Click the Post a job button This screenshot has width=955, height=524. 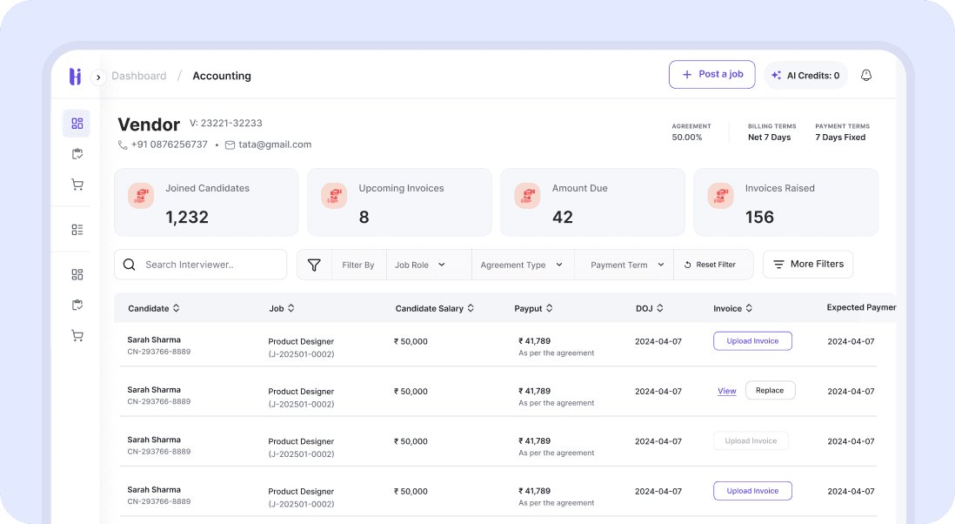pyautogui.click(x=711, y=75)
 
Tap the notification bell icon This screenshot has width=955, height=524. pyautogui.click(x=865, y=76)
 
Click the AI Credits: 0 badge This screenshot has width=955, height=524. pyautogui.click(x=805, y=76)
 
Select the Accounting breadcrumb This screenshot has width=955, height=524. pyautogui.click(x=221, y=76)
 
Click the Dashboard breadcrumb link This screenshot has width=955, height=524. pyautogui.click(x=138, y=76)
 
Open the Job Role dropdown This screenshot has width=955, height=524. pyautogui.click(x=420, y=265)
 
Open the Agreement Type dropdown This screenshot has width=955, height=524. pyautogui.click(x=521, y=265)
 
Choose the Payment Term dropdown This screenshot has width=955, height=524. pyautogui.click(x=626, y=265)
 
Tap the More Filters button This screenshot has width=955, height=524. pyautogui.click(x=807, y=264)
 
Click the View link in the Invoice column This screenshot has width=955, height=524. pyautogui.click(x=726, y=391)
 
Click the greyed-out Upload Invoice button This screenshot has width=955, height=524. pyautogui.click(x=751, y=440)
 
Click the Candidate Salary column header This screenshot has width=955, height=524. pyautogui.click(x=435, y=308)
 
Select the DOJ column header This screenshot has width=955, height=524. pyautogui.click(x=649, y=308)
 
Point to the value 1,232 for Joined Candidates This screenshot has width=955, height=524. pyautogui.click(x=187, y=217)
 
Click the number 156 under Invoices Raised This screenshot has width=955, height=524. pyautogui.click(x=759, y=217)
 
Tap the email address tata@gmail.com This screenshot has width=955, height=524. pyautogui.click(x=274, y=144)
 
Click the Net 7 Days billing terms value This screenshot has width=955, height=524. pyautogui.click(x=769, y=138)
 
